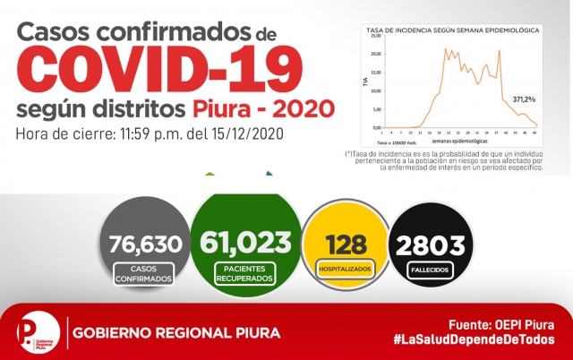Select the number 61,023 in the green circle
click(x=245, y=242)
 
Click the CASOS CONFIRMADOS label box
click(x=145, y=274)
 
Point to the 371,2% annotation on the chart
click(x=525, y=99)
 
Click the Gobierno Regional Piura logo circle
click(x=36, y=332)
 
